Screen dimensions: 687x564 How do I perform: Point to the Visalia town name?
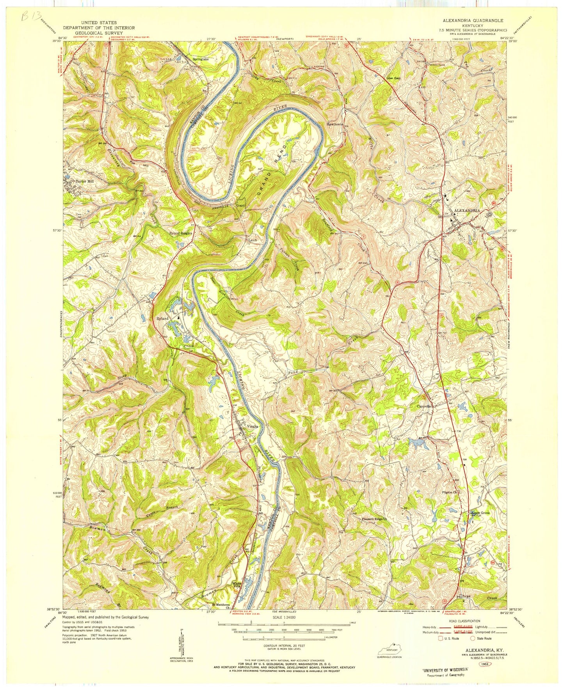coord(252,426)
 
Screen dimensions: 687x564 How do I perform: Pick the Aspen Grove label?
coord(480,513)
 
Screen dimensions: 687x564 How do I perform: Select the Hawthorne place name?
coord(335,125)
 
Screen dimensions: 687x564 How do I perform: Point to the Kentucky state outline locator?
coord(389,650)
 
